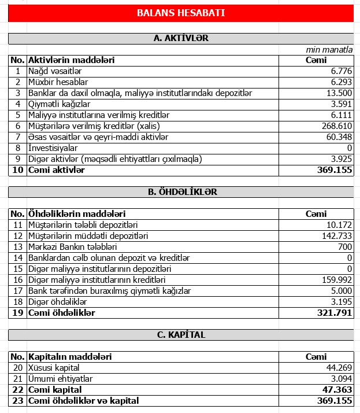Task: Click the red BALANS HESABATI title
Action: tap(181, 13)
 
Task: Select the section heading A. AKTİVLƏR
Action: tap(181, 39)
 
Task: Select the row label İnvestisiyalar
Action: tap(57, 148)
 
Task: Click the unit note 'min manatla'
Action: tap(329, 50)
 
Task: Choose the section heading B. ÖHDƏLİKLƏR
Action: tap(181, 191)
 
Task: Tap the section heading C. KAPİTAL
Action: tap(181, 335)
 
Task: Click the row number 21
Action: tap(18, 379)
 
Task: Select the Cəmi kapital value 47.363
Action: tap(337, 390)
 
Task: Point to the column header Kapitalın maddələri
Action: tap(70, 357)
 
